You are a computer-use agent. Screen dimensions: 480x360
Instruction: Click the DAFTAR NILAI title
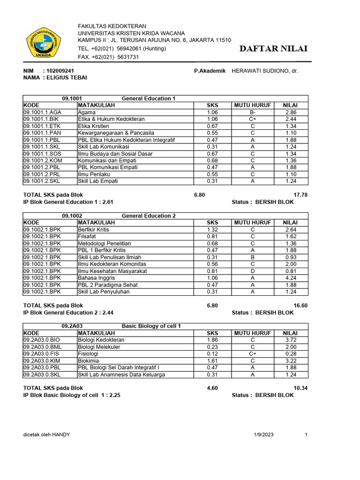click(x=273, y=49)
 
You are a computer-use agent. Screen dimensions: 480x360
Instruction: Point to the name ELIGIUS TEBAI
click(x=66, y=77)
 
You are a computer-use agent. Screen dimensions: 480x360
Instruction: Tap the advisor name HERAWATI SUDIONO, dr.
click(x=265, y=71)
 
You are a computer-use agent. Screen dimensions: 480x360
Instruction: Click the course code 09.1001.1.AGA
click(x=43, y=112)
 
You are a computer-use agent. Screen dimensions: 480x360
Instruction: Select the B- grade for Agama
click(x=253, y=112)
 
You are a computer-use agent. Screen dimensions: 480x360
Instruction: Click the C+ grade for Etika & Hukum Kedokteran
click(x=253, y=120)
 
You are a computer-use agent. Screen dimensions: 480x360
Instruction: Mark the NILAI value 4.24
click(x=291, y=278)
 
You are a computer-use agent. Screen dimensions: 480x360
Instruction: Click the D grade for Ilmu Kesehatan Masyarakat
click(x=253, y=271)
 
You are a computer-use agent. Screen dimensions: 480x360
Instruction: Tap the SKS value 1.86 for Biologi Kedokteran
click(x=212, y=340)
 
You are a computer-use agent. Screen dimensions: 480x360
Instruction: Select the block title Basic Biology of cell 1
click(x=151, y=326)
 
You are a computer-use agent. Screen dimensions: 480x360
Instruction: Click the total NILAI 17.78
click(x=300, y=195)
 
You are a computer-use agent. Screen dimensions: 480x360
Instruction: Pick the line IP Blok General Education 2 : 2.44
click(x=68, y=312)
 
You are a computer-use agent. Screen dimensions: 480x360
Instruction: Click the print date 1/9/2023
click(x=262, y=435)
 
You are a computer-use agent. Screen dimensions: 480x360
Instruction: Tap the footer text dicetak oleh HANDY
click(x=47, y=435)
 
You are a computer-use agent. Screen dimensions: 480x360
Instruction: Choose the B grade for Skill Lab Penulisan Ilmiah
click(x=253, y=257)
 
